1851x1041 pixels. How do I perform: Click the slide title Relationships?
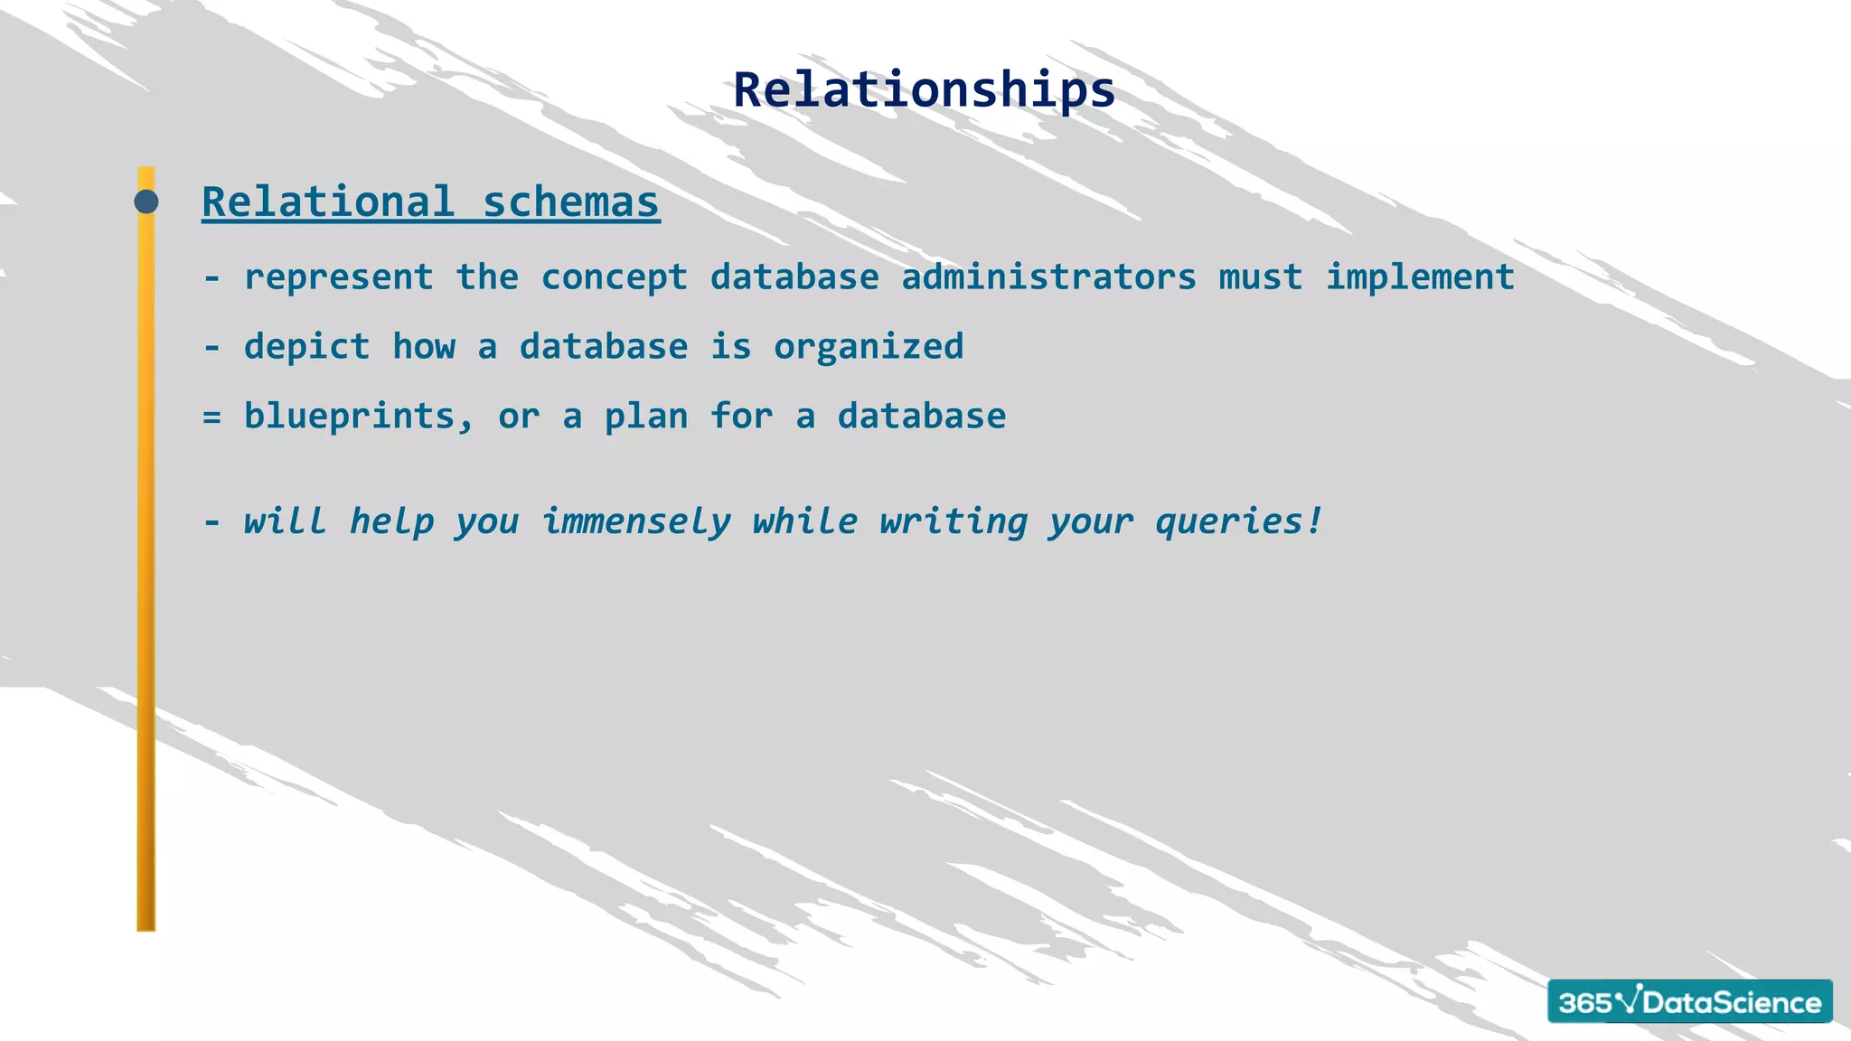(x=924, y=90)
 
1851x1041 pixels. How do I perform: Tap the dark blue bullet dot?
(x=146, y=202)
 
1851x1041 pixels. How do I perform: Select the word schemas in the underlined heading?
(x=570, y=202)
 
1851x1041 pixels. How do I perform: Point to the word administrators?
(x=1048, y=277)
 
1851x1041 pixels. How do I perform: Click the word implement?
(x=1420, y=277)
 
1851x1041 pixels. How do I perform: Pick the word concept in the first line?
(x=615, y=277)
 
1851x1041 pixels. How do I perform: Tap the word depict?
(x=306, y=347)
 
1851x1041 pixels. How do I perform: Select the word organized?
(x=869, y=347)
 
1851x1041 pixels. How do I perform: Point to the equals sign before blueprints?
(x=211, y=417)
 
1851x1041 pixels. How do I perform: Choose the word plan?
(x=645, y=417)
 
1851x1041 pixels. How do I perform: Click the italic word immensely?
(x=636, y=521)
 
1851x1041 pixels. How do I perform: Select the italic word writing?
(x=954, y=521)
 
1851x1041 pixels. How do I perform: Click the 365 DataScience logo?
(x=1689, y=1001)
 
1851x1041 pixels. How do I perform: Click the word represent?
(x=339, y=277)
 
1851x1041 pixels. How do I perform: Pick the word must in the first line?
(x=1261, y=277)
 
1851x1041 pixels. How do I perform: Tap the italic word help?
(x=391, y=521)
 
